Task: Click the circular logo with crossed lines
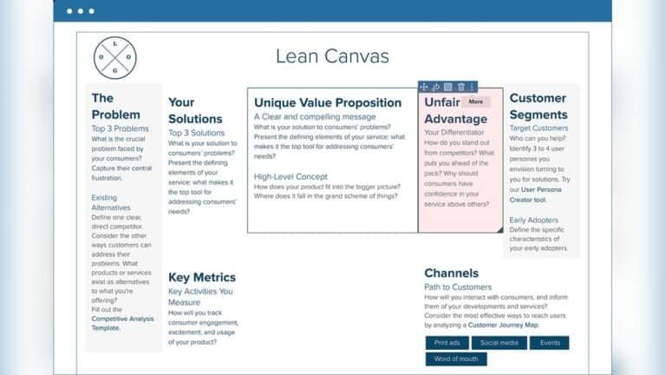tap(115, 58)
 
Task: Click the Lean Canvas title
tap(332, 56)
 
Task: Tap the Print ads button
tap(447, 343)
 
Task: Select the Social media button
tap(499, 343)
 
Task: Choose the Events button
tap(549, 343)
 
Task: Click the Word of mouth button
tap(456, 359)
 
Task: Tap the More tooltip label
tap(475, 102)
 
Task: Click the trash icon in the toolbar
tap(460, 87)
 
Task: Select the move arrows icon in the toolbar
tap(424, 87)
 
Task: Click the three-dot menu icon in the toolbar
tap(472, 87)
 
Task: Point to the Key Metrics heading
tap(202, 278)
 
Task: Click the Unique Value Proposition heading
tap(327, 102)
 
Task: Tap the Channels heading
tap(452, 273)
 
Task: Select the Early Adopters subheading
tap(533, 220)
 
